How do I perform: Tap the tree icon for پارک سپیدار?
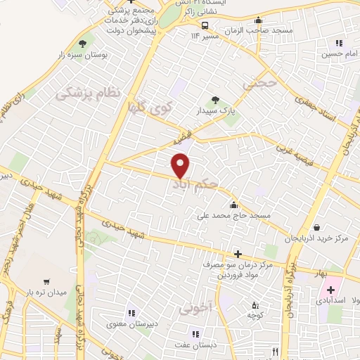coord(215,100)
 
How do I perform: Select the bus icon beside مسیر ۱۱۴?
coord(205,26)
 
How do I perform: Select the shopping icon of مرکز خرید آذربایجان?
coord(317,228)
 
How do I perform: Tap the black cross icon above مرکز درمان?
coord(238,254)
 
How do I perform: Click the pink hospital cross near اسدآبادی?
coord(330,290)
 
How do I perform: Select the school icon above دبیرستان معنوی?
coord(131,313)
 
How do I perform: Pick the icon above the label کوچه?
coord(255,305)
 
